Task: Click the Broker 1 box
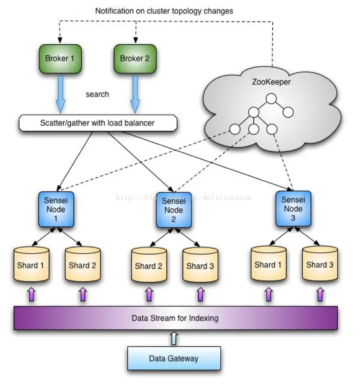60,58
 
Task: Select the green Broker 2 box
135,58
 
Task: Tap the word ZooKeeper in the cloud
271,82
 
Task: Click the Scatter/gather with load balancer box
98,123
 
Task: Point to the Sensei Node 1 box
56,209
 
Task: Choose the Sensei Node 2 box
173,210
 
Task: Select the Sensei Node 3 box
293,208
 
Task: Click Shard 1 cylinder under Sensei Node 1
31,265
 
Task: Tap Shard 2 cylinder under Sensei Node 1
82,265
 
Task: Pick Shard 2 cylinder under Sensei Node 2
149,266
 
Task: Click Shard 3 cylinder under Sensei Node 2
200,266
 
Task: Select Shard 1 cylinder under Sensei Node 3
268,264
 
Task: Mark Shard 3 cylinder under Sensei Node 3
320,264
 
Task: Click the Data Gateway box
173,358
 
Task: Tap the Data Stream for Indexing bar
175,318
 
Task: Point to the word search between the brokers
97,94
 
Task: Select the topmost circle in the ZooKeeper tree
271,98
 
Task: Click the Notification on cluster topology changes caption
164,11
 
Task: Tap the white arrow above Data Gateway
174,338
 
